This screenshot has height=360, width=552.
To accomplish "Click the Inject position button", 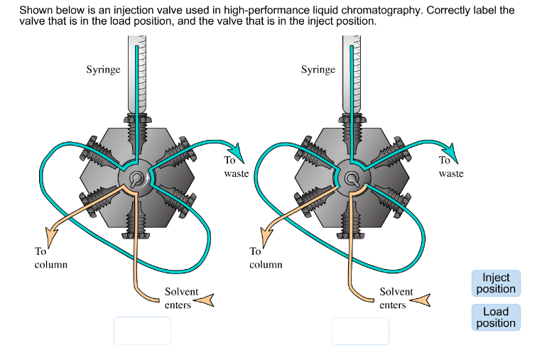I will pos(496,283).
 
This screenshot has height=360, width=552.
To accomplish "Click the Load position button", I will pos(496,317).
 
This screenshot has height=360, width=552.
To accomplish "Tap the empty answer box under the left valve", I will pos(142,331).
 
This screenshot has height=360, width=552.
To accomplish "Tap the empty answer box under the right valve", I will pos(360,331).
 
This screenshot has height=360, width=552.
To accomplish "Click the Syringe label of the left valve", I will pos(103,70).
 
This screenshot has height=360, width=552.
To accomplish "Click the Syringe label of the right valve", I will pos(318,70).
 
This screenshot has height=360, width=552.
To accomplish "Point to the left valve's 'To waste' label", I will pos(235,168).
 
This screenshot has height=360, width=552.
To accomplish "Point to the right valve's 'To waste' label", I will pos(450,168).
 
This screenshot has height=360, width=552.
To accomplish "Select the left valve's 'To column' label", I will pos(50,258).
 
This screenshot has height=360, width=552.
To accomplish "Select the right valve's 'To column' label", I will pos(266,258).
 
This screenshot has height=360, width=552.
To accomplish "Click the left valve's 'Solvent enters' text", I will pos(181,298).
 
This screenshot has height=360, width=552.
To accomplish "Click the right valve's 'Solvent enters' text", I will pos(396,298).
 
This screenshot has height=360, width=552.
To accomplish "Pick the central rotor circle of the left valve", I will pos(134,178).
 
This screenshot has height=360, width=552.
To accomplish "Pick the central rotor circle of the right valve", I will pos(349,178).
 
